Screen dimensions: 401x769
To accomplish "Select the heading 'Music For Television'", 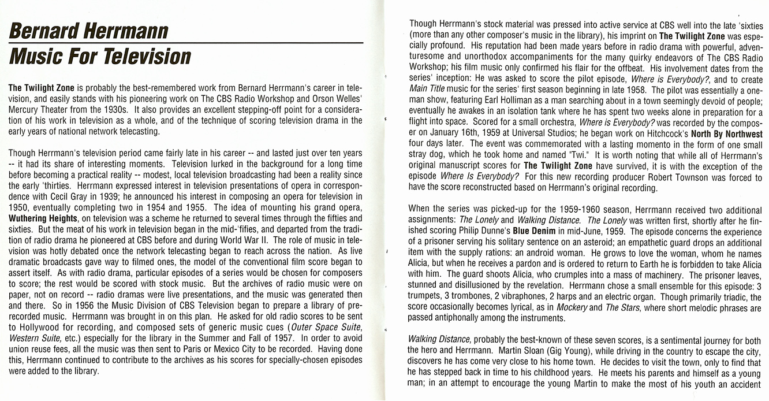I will coord(99,57).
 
